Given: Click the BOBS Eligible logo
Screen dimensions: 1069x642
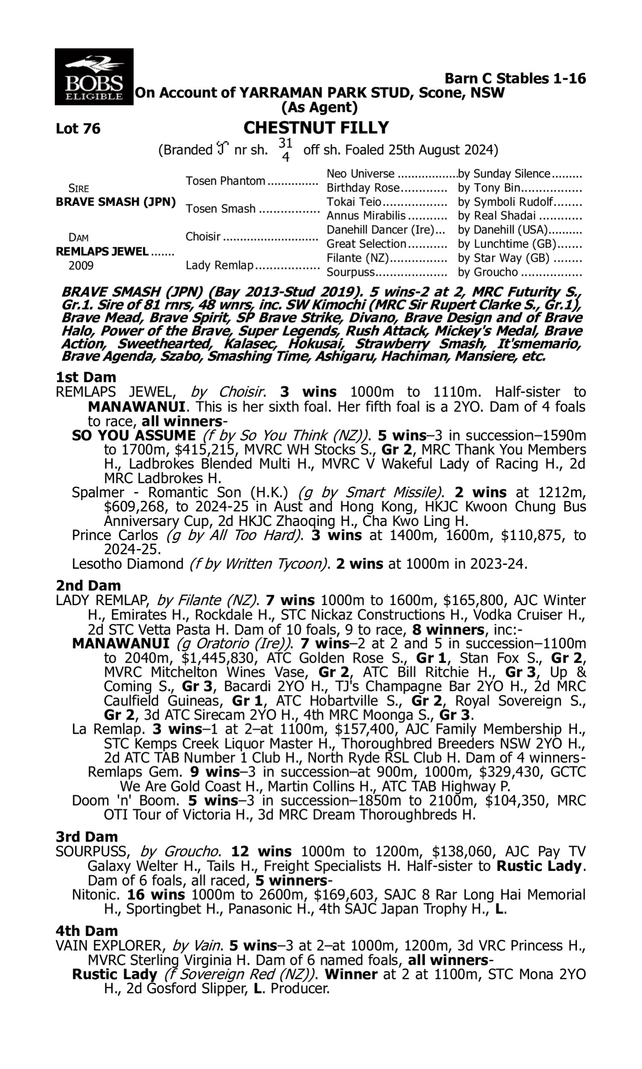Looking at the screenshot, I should click(94, 77).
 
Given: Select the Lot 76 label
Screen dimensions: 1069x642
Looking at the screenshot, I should click(78, 129).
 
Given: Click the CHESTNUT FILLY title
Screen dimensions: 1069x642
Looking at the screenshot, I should click(316, 128).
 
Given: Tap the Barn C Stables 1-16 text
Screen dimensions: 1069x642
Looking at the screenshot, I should click(515, 78).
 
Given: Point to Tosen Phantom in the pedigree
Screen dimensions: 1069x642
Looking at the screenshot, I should click(226, 181).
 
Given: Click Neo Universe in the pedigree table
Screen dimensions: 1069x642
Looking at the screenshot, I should click(360, 174).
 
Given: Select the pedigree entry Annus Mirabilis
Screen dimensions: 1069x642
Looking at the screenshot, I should click(366, 216).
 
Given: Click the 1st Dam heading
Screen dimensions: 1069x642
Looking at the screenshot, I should click(86, 377).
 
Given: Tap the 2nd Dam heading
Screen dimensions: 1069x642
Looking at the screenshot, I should click(88, 585).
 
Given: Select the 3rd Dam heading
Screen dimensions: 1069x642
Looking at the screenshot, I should click(86, 837).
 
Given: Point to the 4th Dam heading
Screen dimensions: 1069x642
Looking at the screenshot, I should click(87, 930).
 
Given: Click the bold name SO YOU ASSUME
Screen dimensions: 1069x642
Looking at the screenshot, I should click(134, 435).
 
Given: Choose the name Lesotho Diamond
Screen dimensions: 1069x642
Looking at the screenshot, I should click(128, 564).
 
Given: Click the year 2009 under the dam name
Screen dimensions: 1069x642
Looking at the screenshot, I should click(81, 265).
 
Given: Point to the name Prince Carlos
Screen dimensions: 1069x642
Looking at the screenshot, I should click(115, 535).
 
